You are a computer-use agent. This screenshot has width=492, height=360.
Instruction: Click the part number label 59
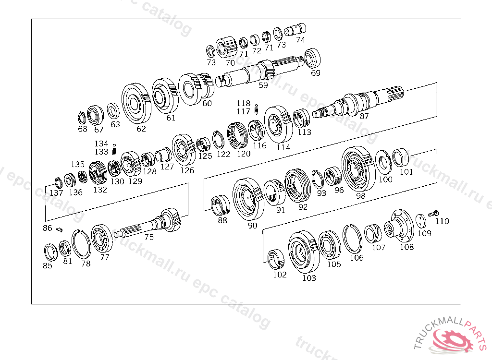pyautogui.click(x=263, y=85)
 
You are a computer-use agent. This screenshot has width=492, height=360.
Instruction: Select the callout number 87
pyautogui.click(x=364, y=116)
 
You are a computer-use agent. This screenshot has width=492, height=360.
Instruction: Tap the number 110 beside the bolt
pyautogui.click(x=442, y=221)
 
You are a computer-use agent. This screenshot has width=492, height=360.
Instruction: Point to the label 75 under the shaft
pyautogui.click(x=149, y=237)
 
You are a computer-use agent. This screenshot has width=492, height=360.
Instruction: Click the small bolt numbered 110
pyautogui.click(x=433, y=214)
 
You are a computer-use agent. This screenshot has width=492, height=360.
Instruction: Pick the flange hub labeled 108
pyautogui.click(x=397, y=226)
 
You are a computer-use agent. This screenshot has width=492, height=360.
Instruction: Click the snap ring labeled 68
pyautogui.click(x=82, y=118)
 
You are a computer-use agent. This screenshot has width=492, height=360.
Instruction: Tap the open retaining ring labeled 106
pyautogui.click(x=352, y=239)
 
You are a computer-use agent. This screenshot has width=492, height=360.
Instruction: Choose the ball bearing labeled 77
pyautogui.click(x=102, y=239)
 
